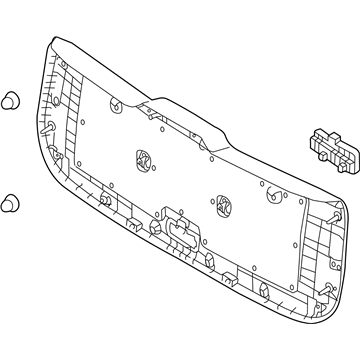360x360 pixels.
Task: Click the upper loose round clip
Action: pyautogui.click(x=11, y=100)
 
